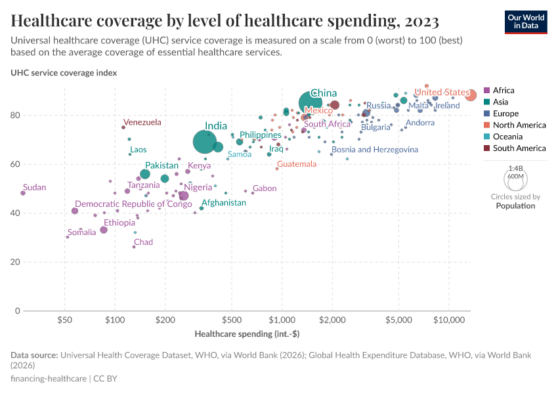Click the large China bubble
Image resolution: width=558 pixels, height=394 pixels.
[x=311, y=103]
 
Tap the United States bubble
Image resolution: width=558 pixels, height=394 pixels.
[x=470, y=95]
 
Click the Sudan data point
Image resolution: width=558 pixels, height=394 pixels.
[x=23, y=193]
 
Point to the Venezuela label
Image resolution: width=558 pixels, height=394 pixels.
[x=142, y=122]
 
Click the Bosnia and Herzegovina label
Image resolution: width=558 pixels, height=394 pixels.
[x=375, y=150]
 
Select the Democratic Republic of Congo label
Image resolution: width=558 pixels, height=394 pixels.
[x=133, y=204]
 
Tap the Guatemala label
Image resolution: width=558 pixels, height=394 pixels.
[x=297, y=164]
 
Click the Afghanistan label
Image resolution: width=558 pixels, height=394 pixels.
[x=223, y=202]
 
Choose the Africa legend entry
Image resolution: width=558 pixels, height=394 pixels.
[x=503, y=91]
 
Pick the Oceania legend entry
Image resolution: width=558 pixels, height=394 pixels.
[x=507, y=137]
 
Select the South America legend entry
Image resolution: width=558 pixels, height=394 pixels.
[x=519, y=148]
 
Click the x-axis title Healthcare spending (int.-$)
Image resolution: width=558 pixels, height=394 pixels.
[x=247, y=334]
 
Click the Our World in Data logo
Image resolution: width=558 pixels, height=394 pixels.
[x=526, y=21]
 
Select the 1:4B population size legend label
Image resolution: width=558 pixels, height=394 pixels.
[x=515, y=169]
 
